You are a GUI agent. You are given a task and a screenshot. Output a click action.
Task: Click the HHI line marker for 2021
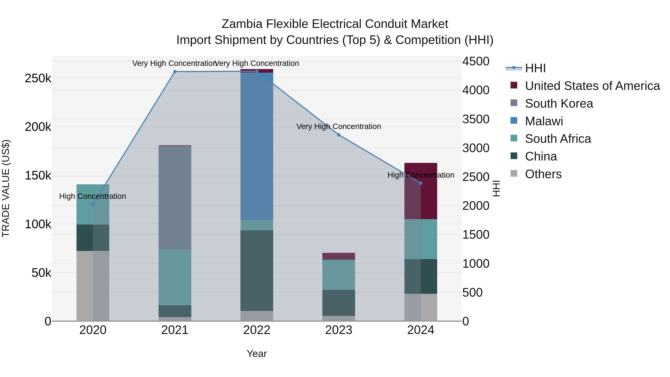175,71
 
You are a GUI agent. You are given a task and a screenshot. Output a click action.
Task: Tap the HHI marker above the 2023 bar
339,135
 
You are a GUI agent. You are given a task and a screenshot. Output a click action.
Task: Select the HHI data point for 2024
421,183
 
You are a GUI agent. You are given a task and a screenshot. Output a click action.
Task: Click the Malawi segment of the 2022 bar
257,146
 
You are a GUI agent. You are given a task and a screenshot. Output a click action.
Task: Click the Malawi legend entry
544,121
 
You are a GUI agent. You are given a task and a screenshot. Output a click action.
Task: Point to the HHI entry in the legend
535,68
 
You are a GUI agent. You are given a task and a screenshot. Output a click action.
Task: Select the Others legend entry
543,174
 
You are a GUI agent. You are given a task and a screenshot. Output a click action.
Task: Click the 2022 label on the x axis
257,330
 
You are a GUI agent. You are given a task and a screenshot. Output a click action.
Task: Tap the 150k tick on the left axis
38,176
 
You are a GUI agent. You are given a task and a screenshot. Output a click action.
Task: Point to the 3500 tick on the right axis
476,119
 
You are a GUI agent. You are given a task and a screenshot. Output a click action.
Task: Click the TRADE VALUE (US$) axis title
6,188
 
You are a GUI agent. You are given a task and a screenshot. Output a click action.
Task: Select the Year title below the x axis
257,354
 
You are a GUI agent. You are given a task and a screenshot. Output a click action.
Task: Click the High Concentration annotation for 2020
93,196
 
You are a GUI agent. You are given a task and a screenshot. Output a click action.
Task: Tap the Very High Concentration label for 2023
339,126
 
